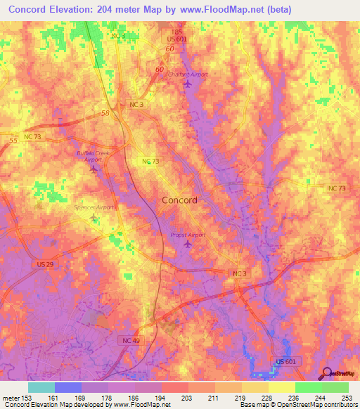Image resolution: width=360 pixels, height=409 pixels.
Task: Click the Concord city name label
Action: [x=179, y=200]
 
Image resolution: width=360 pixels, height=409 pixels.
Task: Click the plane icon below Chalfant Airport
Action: [x=187, y=85]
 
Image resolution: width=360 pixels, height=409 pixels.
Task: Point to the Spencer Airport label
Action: [x=94, y=207]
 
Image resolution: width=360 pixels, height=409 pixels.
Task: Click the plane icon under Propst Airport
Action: [x=187, y=244]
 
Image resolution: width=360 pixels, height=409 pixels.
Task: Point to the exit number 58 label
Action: [x=105, y=112]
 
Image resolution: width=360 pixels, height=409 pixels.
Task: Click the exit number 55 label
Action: [x=13, y=141]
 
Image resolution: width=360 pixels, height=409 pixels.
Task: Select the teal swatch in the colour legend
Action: [x=41, y=387]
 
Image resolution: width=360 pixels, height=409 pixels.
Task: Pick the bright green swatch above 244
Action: [x=308, y=387]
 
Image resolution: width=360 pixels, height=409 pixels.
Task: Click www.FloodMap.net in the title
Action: [x=221, y=9]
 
